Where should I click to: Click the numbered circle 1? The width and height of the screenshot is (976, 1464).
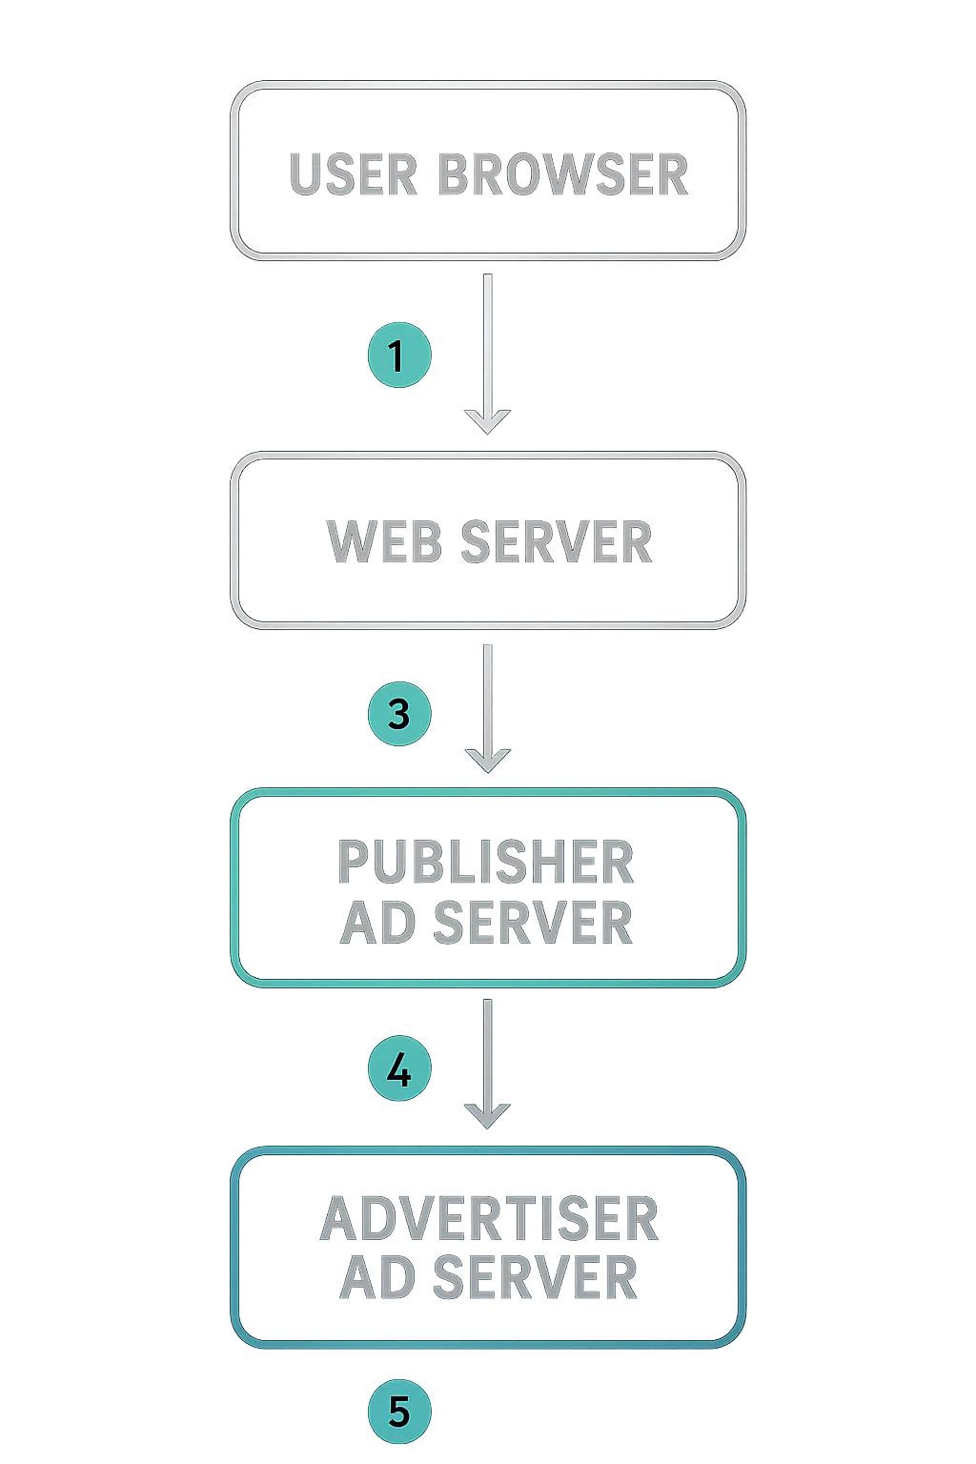click(x=398, y=356)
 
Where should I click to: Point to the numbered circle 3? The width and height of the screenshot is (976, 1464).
click(x=398, y=714)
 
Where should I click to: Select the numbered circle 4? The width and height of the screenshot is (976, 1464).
click(x=398, y=1069)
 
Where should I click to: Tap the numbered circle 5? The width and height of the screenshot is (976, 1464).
click(x=398, y=1411)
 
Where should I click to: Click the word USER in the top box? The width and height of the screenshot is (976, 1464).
click(x=353, y=175)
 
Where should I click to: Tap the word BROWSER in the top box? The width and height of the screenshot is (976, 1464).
click(x=562, y=175)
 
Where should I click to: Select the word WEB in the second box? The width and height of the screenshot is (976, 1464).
click(x=383, y=541)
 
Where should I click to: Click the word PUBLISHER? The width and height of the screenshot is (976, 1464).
click(x=485, y=862)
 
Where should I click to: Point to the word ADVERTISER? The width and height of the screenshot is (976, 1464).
click(x=489, y=1219)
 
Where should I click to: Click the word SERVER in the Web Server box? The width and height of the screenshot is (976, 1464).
click(x=557, y=541)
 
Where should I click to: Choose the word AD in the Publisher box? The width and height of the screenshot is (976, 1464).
click(x=377, y=923)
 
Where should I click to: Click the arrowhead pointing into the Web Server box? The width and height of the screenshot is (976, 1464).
click(x=487, y=420)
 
